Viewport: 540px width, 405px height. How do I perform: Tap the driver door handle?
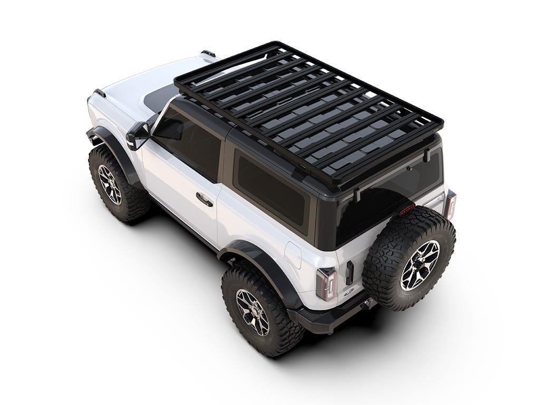(204, 199)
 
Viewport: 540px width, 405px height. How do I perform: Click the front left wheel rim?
(109, 184)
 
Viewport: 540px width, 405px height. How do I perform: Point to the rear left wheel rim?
(252, 312)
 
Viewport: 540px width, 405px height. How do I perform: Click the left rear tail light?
(326, 284)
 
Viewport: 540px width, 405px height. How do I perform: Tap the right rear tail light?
(450, 205)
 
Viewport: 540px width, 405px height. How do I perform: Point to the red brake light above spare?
(407, 210)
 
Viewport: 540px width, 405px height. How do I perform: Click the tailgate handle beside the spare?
(349, 272)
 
